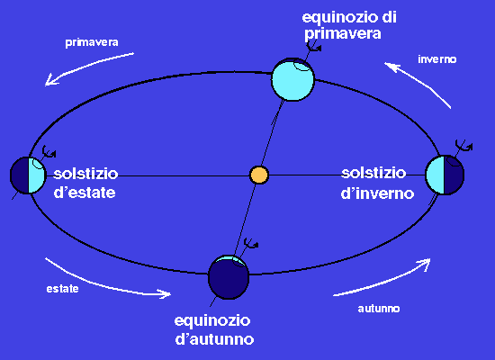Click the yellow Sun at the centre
pos(259,175)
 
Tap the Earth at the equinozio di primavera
pos(293,79)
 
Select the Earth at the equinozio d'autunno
pos(229,277)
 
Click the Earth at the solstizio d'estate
pos(28,175)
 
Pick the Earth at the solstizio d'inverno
pos(445,175)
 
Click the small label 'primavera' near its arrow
pos(92,42)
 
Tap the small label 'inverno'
pos(437,59)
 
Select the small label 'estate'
pos(62,289)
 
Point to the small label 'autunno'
pos(379,309)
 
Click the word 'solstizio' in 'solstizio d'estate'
pos(85,174)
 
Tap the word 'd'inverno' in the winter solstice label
pos(377,193)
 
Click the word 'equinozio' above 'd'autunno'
pos(212,320)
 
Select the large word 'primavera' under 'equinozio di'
pos(343,34)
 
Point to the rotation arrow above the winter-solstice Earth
pos(463,145)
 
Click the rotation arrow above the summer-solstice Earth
pos(49,151)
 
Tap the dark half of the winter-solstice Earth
pos(454,175)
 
